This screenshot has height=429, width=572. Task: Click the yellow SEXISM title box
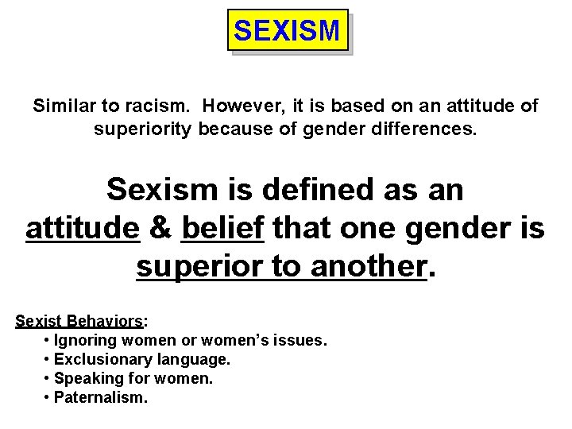(288, 31)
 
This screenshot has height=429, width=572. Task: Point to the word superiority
(143, 128)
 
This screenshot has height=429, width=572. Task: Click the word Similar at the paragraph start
(62, 106)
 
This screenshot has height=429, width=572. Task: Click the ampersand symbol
(160, 229)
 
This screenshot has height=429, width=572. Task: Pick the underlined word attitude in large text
(83, 229)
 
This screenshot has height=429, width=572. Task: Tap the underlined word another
(364, 268)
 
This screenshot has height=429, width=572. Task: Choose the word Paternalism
(100, 397)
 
